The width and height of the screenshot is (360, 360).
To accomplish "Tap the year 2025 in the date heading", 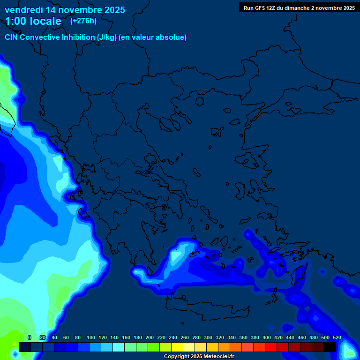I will click(111, 10).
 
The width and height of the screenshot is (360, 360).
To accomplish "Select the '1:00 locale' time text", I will click(33, 21).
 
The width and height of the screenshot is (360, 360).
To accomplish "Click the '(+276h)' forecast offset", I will click(83, 21).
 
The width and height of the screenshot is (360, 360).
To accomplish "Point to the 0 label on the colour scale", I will click(30, 337).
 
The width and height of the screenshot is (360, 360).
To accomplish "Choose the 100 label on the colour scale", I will click(91, 337).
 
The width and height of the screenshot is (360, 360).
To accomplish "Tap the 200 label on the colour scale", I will click(150, 337).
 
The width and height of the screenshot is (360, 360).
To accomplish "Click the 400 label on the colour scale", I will click(267, 337).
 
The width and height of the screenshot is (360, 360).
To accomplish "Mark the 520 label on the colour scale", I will click(337, 337).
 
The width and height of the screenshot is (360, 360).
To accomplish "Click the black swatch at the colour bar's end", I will click(329, 347).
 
